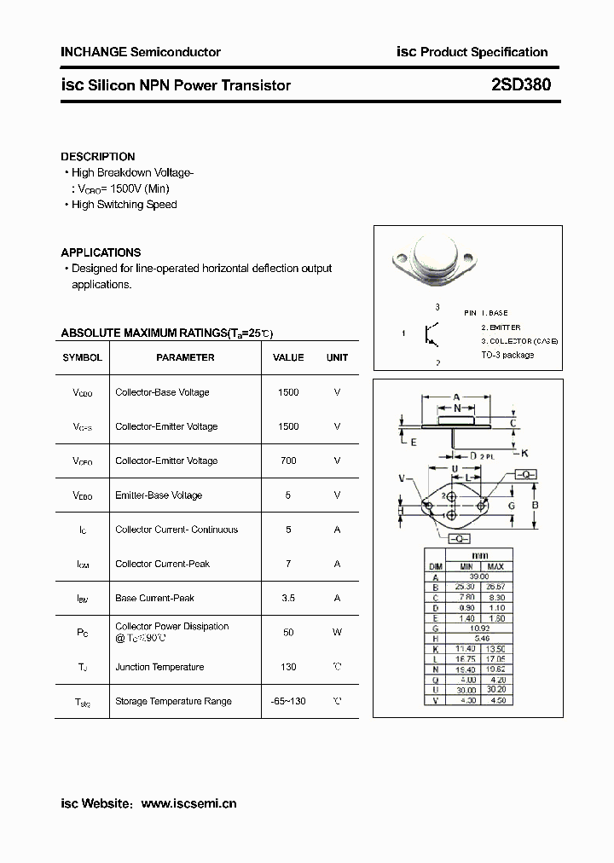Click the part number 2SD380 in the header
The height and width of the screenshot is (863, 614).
pos(521,84)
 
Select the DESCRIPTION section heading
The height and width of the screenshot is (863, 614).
pos(97,157)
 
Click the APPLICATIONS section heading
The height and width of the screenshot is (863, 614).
pos(101,252)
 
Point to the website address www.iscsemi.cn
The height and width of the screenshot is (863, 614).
pos(188,803)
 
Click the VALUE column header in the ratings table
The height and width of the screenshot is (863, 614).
pos(288,357)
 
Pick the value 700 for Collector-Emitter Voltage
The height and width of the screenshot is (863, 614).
pos(288,460)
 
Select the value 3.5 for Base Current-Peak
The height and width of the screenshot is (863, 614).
pos(288,598)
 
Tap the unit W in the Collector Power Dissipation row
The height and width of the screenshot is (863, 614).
pos(337,632)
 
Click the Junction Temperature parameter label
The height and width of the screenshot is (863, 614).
pos(159,667)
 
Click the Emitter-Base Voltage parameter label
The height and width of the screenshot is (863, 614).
pos(159,495)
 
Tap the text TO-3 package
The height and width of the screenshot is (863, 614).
pos(507,355)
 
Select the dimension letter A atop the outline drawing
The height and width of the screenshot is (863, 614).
pos(457,397)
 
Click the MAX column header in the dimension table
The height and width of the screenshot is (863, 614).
pos(496,566)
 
